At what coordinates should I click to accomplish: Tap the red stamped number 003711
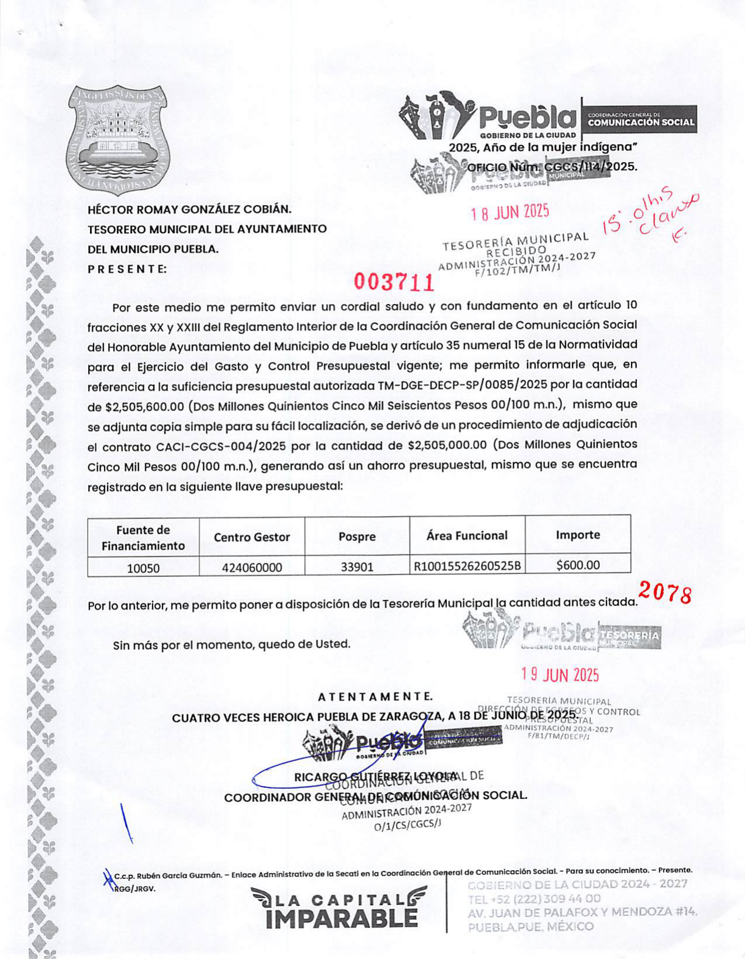tap(394, 283)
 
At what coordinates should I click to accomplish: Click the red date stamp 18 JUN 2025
tap(510, 212)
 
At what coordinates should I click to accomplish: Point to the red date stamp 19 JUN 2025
tap(560, 675)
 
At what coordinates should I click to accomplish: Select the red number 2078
tap(665, 593)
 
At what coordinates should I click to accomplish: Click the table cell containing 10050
tap(143, 567)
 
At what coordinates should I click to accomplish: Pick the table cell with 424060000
tap(252, 567)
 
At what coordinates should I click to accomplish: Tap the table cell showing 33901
tap(356, 567)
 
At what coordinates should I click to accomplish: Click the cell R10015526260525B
tap(467, 566)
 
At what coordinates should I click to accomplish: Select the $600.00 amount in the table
tap(577, 565)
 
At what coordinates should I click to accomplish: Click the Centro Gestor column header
tap(252, 537)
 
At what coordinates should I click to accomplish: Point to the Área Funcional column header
tap(467, 535)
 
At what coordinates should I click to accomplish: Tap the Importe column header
tap(577, 535)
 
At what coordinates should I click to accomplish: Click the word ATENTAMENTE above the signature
tap(375, 697)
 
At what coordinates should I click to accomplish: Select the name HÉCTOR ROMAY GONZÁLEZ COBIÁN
tap(189, 209)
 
